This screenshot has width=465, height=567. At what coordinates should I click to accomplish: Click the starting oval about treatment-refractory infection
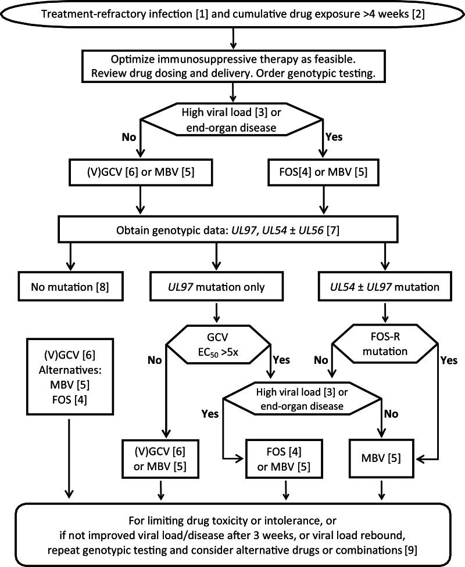pyautogui.click(x=233, y=14)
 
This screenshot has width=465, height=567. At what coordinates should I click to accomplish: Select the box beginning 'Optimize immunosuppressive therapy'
pyautogui.click(x=233, y=66)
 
